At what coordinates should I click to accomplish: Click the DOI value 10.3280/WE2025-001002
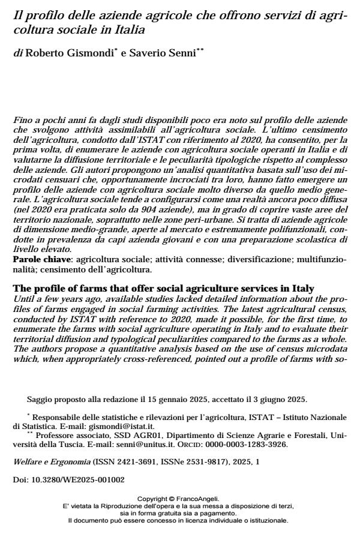pyautogui.click(x=68, y=481)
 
